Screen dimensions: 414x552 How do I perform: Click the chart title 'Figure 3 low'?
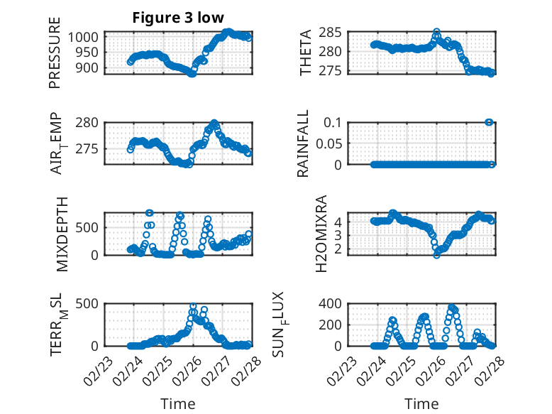coord(179,18)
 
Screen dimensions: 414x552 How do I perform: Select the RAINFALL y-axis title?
coord(303,143)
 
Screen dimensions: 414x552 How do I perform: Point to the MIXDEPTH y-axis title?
coord(60,233)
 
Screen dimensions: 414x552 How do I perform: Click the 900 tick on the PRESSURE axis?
coord(92,68)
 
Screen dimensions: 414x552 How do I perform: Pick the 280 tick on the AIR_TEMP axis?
coord(92,123)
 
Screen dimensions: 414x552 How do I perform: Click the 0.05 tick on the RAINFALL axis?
coord(330,143)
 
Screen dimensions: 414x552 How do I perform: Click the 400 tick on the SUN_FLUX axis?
coord(334,304)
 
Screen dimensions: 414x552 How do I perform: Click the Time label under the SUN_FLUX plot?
coord(421,404)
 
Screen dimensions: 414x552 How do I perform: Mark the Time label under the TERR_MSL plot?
coord(177,404)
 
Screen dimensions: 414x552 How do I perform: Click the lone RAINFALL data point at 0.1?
coord(489,122)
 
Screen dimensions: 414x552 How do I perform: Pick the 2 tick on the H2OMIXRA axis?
coord(338,249)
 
